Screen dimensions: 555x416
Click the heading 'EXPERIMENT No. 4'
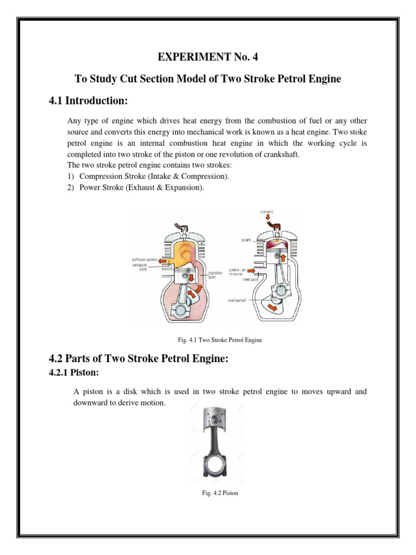pyautogui.click(x=207, y=55)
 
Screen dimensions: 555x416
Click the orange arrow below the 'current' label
pyautogui.click(x=267, y=218)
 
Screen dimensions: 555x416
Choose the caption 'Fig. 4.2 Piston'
pyautogui.click(x=215, y=493)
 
